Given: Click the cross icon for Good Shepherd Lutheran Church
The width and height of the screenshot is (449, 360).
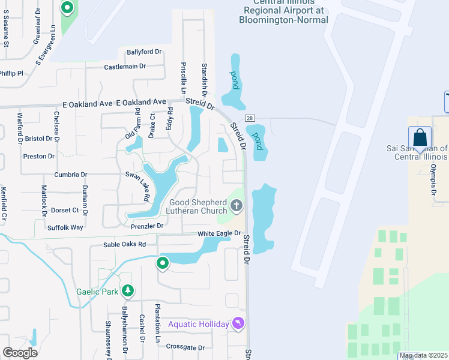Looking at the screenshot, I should [x=237, y=207].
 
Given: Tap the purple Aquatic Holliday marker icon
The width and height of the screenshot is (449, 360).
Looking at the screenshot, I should [x=239, y=323].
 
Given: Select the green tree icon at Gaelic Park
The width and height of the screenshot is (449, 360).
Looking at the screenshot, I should [x=127, y=292].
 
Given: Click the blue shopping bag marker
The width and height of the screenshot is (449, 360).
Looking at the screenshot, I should [x=420, y=137].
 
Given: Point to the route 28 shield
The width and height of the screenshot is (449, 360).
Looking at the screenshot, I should [x=250, y=118].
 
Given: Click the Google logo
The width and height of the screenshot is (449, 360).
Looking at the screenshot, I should [x=20, y=352].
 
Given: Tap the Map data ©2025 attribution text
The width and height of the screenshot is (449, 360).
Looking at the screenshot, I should [x=423, y=356].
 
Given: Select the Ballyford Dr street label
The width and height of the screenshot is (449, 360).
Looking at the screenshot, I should [x=141, y=52].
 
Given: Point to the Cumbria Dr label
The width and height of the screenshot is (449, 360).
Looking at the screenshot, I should [x=71, y=175].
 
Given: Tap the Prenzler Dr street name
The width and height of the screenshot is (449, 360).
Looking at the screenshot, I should [x=147, y=226].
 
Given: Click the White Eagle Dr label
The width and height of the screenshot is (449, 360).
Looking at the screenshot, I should [x=220, y=233].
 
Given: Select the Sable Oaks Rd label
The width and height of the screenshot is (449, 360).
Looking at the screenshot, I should [x=125, y=244].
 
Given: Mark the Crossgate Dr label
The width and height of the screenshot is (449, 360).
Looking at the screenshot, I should [x=185, y=347].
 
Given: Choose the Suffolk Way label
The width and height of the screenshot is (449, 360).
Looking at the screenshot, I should [x=65, y=227].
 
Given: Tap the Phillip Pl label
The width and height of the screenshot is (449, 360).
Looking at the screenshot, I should [x=11, y=73].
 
